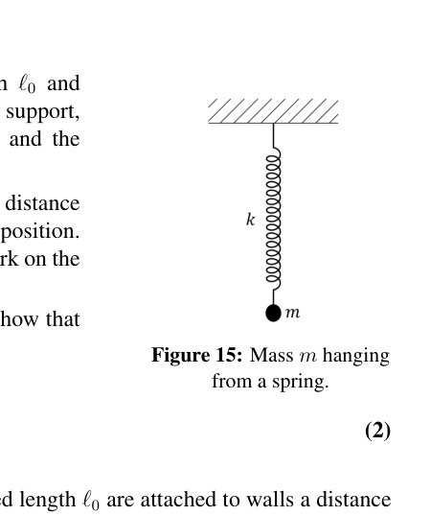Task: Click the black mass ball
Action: (x=273, y=313)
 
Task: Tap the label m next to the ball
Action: (x=293, y=313)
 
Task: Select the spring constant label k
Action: (x=250, y=219)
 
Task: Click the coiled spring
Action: (x=273, y=219)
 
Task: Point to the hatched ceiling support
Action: (x=273, y=111)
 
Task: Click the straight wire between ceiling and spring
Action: (x=273, y=135)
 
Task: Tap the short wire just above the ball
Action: (x=273, y=297)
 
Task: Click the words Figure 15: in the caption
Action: (x=196, y=356)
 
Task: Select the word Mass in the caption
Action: (x=271, y=356)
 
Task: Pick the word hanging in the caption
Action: (x=356, y=357)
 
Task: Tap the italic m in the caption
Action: (x=308, y=357)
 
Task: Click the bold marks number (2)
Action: (x=377, y=431)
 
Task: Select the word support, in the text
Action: (x=43, y=112)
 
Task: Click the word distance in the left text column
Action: (x=42, y=203)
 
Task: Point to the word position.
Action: (x=40, y=232)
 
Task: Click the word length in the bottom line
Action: (x=47, y=501)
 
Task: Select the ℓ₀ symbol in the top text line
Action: (x=27, y=84)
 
